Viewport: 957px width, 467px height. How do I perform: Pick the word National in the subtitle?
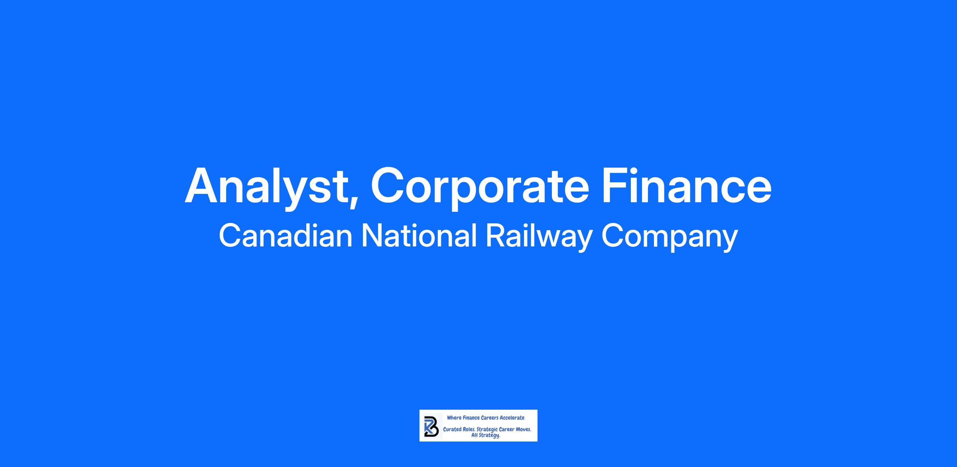tap(419, 236)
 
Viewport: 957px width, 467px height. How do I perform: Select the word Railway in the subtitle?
tap(539, 237)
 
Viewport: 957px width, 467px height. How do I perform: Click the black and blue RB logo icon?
tap(431, 426)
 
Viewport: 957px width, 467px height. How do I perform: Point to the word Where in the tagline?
tap(454, 418)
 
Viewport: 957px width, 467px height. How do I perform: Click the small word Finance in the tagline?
tap(471, 418)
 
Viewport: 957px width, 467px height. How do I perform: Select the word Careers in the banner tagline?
tap(490, 418)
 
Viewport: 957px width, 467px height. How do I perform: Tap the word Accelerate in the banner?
tap(512, 418)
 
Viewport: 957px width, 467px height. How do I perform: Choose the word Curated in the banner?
tap(452, 430)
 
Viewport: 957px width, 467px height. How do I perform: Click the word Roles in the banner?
tap(469, 430)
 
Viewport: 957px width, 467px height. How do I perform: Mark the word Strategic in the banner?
tap(487, 430)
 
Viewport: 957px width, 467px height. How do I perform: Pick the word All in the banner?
tap(475, 436)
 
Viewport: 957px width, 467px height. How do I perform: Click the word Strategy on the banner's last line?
tap(490, 436)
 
